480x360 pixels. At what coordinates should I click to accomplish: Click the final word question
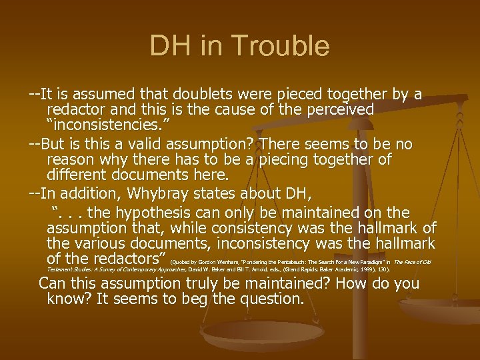[271, 299]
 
